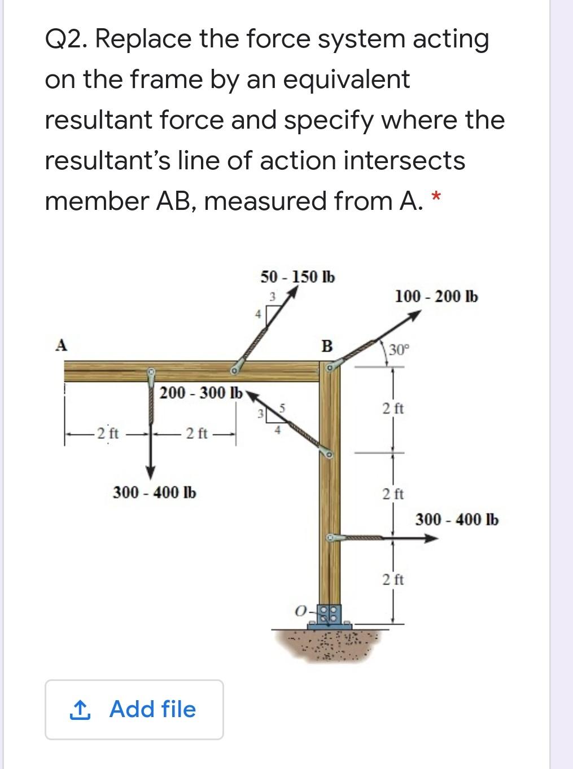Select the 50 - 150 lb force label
point(298,277)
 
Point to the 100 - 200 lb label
point(436,296)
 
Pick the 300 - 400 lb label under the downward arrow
point(155,493)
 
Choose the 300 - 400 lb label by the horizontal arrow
point(457,519)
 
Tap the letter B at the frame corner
point(326,345)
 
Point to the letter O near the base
point(301,611)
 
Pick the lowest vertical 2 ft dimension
point(393,579)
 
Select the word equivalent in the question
point(346,80)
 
